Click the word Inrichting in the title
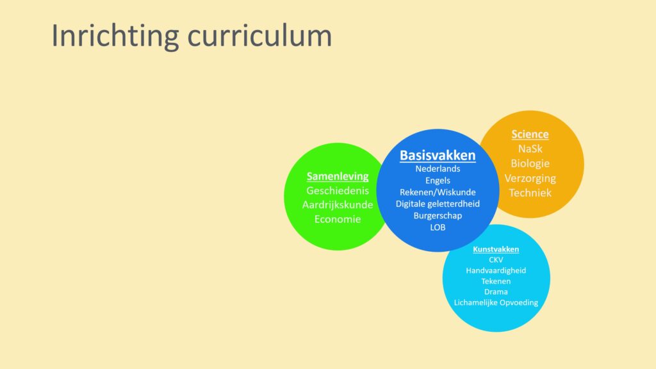(115, 37)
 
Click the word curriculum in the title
(260, 36)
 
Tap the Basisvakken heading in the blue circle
(438, 155)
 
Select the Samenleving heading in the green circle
(338, 177)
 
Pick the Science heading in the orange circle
(530, 135)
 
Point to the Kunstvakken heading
(496, 249)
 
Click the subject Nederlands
(438, 168)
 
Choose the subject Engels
(438, 181)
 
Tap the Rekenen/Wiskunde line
(438, 192)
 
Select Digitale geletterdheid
(438, 204)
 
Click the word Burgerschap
(438, 216)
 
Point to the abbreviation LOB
(438, 227)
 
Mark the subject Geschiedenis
(338, 191)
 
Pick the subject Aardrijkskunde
(338, 205)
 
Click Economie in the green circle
(338, 219)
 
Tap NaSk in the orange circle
(530, 149)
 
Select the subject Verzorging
(530, 179)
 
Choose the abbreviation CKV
(496, 260)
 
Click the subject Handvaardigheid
(496, 271)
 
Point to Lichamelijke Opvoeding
(496, 302)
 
